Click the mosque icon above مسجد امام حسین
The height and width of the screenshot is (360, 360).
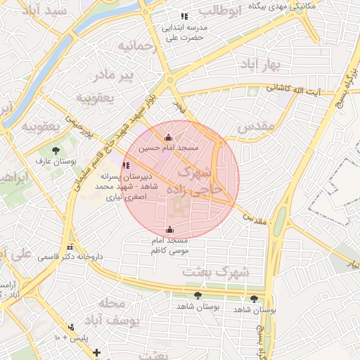pyautogui.click(x=167, y=138)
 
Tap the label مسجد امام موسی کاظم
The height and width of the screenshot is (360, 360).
pyautogui.click(x=169, y=245)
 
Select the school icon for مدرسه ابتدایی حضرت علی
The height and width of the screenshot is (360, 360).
pyautogui.click(x=184, y=16)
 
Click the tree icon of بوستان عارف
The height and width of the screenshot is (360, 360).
pyautogui.click(x=56, y=150)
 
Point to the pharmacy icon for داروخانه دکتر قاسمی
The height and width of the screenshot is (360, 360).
pyautogui.click(x=70, y=247)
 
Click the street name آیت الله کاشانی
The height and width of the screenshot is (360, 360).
pyautogui.click(x=293, y=89)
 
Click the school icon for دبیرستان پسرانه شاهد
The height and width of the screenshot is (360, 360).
pyautogui.click(x=126, y=165)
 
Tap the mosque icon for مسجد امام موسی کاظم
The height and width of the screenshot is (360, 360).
pyautogui.click(x=169, y=229)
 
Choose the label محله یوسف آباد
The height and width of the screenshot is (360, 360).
pyautogui.click(x=119, y=312)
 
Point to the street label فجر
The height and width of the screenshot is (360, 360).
pyautogui.click(x=180, y=108)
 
